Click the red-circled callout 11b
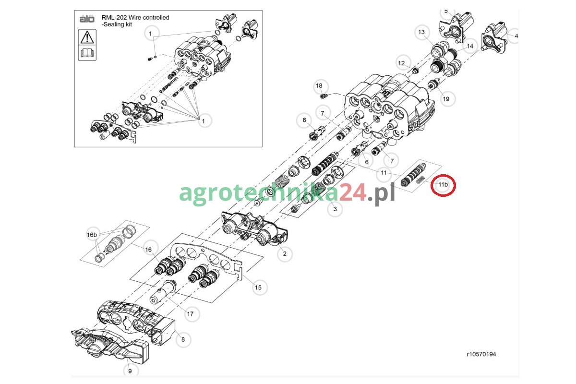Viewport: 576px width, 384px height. (443, 185)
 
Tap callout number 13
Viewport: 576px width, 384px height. (421, 32)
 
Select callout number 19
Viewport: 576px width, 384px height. (446, 99)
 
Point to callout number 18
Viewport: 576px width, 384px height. (319, 85)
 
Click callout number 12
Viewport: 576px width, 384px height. (401, 63)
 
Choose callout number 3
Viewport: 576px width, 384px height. (335, 209)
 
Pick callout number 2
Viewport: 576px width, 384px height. (285, 254)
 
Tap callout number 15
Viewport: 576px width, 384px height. (258, 288)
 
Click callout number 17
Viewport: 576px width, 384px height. (190, 314)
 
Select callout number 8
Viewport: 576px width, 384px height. (183, 339)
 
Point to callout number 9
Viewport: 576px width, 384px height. (130, 371)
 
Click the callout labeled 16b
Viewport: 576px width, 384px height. (92, 235)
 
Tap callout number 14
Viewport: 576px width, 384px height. (470, 46)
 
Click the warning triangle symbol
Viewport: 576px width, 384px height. (87, 37)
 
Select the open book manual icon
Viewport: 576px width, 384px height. (87, 53)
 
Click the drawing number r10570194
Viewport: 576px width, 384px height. (481, 354)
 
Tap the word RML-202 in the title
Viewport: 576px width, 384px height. (114, 18)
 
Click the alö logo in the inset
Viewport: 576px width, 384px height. (87, 19)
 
